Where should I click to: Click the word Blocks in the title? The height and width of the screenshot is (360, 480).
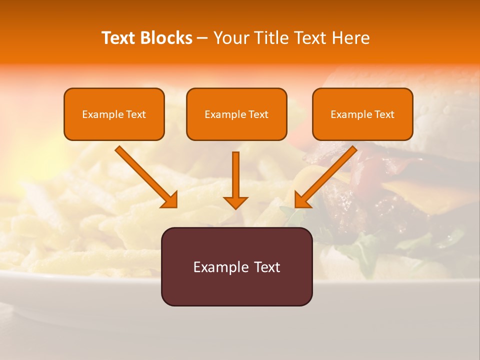166,38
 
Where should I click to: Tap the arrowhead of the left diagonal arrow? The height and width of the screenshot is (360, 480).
170,200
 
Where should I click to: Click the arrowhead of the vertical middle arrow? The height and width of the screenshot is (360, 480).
235,202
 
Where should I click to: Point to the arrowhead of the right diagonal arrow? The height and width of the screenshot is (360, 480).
302,200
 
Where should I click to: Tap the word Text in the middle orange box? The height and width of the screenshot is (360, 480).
258,114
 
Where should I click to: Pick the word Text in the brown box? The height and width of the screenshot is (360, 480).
267,267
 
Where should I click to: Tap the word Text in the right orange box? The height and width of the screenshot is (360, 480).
384,114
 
